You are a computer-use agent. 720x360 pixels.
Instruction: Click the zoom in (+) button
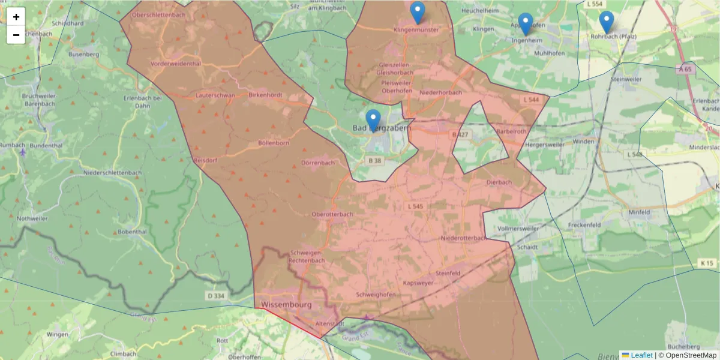(16, 17)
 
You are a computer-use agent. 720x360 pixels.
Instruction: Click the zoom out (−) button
(16, 35)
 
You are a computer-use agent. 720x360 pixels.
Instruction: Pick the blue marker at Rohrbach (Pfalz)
(607, 22)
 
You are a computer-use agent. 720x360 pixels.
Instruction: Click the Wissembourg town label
(286, 305)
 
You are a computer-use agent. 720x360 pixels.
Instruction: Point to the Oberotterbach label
(332, 214)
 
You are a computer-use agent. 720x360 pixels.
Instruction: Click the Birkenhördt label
(265, 95)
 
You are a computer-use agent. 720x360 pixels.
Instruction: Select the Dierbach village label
(499, 182)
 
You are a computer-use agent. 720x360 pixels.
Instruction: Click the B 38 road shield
(375, 161)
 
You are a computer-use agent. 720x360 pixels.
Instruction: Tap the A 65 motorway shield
(685, 69)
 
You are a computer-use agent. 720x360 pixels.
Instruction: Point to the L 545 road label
(415, 206)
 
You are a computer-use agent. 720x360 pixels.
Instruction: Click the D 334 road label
(215, 295)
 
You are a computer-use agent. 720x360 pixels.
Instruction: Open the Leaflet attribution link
(641, 355)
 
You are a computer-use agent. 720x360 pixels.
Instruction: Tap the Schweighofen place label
(376, 295)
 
